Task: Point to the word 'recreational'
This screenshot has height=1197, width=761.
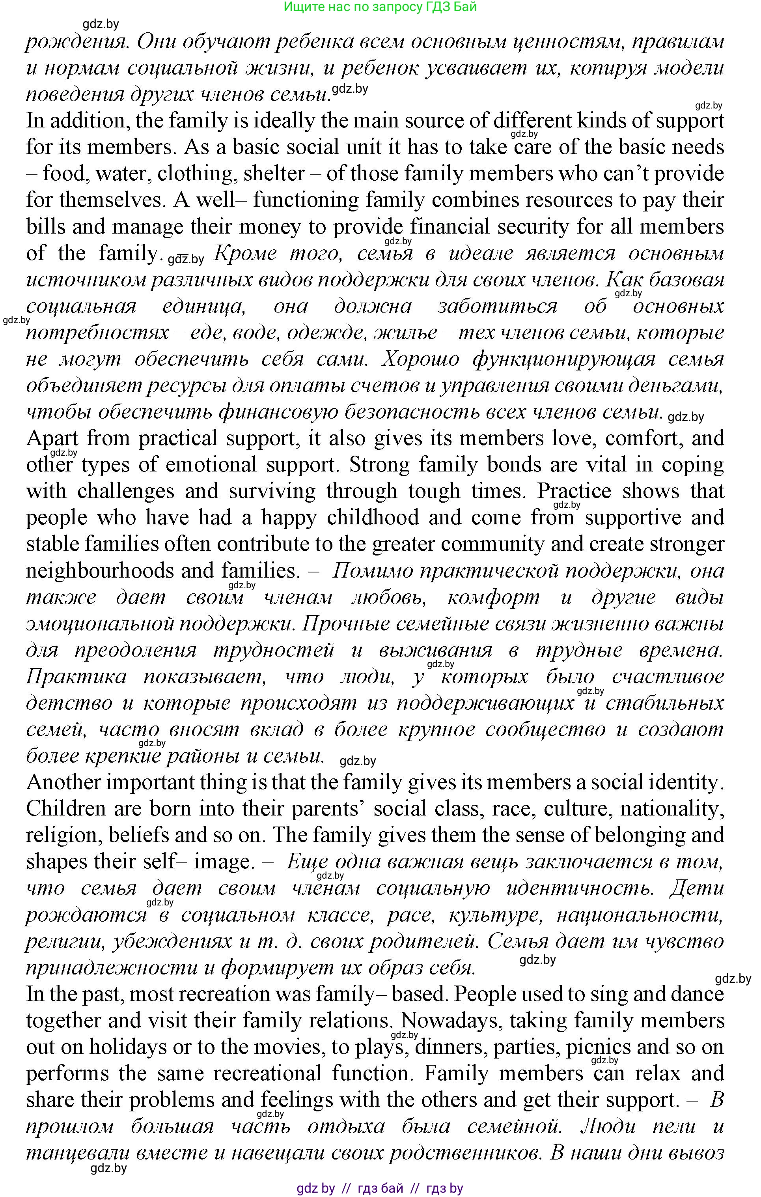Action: tap(268, 1073)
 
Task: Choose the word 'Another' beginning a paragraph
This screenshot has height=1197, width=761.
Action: tap(63, 782)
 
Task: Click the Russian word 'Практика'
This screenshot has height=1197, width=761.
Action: tap(76, 677)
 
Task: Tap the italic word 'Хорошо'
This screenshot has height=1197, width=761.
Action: tap(420, 359)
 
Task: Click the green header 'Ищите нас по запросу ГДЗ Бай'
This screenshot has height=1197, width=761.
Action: tap(380, 7)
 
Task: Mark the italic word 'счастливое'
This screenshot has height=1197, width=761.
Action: tap(668, 677)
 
